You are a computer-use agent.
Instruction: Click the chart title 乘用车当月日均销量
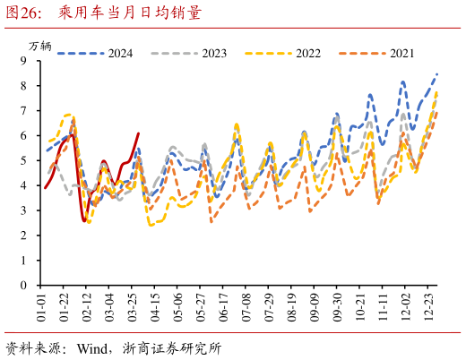pyautogui.click(x=129, y=13)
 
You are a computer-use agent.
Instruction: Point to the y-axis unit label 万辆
pyautogui.click(x=40, y=45)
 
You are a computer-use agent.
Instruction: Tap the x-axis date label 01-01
pyautogui.click(x=41, y=307)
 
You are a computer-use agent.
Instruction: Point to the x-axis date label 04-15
pyautogui.click(x=155, y=307)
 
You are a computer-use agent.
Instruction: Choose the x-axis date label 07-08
pyautogui.click(x=246, y=307)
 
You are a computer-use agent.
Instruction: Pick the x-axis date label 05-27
pyautogui.click(x=201, y=307)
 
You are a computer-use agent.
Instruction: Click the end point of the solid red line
pyautogui.click(x=138, y=133)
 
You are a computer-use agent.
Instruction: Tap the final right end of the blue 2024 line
pyautogui.click(x=437, y=73)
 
